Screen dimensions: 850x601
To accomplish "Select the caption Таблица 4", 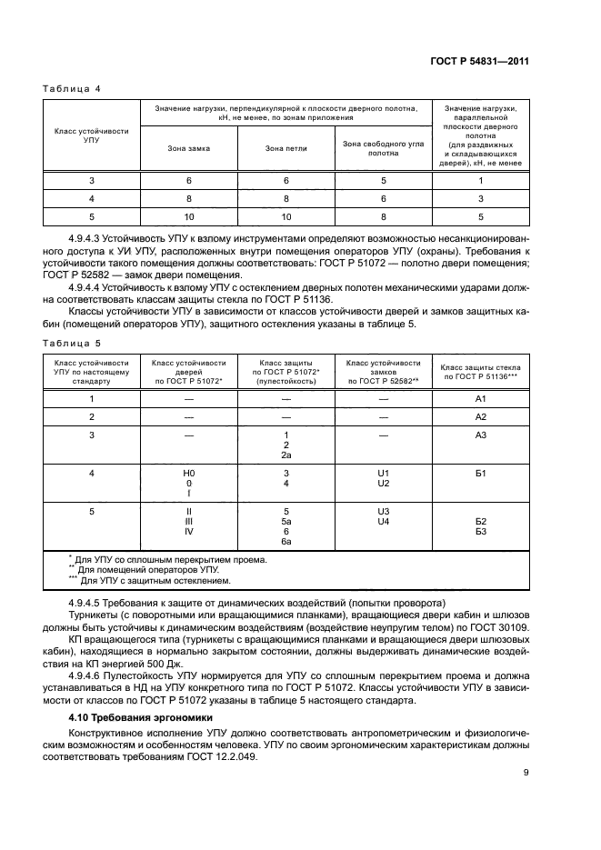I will [x=71, y=88].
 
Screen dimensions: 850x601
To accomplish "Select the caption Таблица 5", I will [x=71, y=343].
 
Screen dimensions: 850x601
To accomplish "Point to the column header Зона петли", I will [x=285, y=148].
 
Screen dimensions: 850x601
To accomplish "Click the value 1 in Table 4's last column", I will [x=481, y=181].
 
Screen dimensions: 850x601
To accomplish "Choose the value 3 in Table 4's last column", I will [x=481, y=198].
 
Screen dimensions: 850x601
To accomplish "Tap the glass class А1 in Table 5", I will [x=481, y=399].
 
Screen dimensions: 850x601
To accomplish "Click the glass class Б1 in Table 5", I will [x=481, y=474].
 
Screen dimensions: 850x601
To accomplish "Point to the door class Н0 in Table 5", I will [x=189, y=474].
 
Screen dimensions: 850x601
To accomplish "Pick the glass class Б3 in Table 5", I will [x=481, y=532].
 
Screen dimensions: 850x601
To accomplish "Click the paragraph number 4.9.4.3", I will [x=86, y=236].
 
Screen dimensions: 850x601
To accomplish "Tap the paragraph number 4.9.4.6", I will [x=86, y=675].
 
